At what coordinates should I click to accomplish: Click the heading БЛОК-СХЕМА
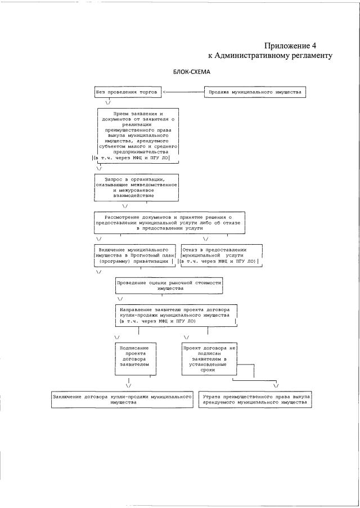191,73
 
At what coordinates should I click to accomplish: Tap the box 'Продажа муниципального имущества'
255,92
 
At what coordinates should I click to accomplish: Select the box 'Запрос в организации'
137,187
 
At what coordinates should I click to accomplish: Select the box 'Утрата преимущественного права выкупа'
255,399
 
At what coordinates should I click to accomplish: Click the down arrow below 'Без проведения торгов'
107,103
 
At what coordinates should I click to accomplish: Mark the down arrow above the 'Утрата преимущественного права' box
276,385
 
